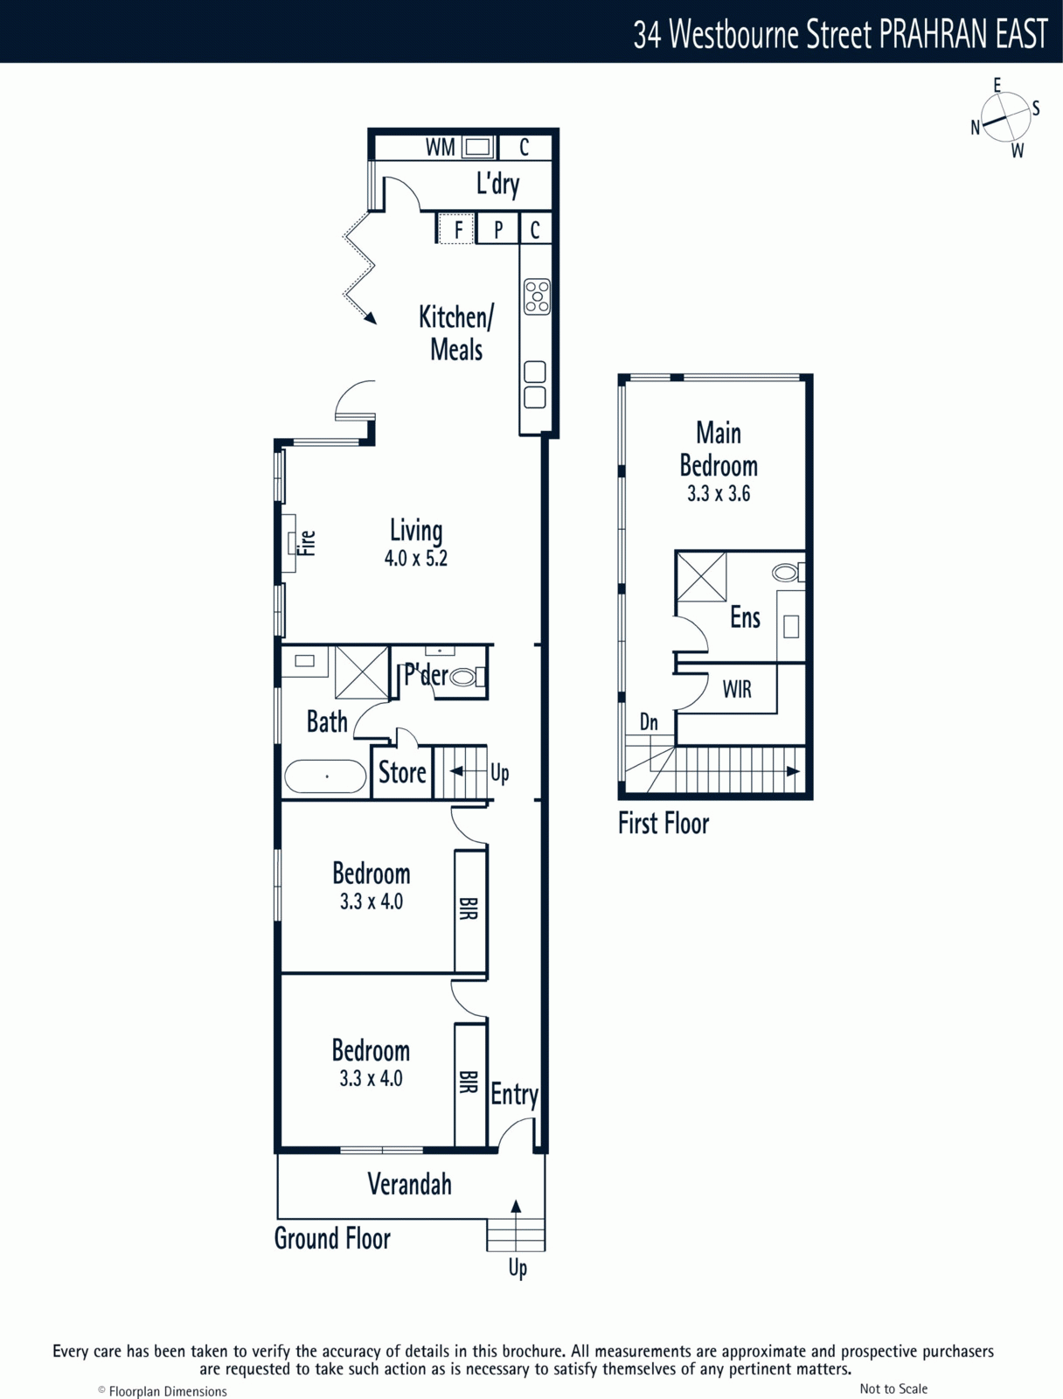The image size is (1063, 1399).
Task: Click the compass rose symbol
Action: coord(1005,118)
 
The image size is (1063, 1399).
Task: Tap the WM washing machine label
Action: coord(440,147)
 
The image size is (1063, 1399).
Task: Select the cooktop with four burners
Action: coord(536,297)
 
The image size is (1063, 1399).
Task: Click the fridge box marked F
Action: coord(456,228)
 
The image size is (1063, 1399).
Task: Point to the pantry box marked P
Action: coord(498,228)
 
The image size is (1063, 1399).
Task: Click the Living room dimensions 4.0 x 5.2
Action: coord(416,559)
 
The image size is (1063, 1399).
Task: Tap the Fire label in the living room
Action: coord(308,543)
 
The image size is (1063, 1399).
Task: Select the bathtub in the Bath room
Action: coord(325,776)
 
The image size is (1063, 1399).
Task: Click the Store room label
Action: coord(402,772)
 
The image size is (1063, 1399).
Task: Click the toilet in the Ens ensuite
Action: coord(789,572)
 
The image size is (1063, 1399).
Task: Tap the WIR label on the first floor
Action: coord(737,689)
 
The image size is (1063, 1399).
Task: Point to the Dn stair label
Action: coord(649,722)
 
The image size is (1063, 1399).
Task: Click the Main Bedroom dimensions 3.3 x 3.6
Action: coord(719,493)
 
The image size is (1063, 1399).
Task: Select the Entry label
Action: coord(515,1096)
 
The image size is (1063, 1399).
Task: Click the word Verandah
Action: coord(409,1184)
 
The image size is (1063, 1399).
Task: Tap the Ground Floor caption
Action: coord(332,1238)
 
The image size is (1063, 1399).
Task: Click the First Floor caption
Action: coord(663,823)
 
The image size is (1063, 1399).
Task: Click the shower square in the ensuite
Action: coord(700,577)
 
